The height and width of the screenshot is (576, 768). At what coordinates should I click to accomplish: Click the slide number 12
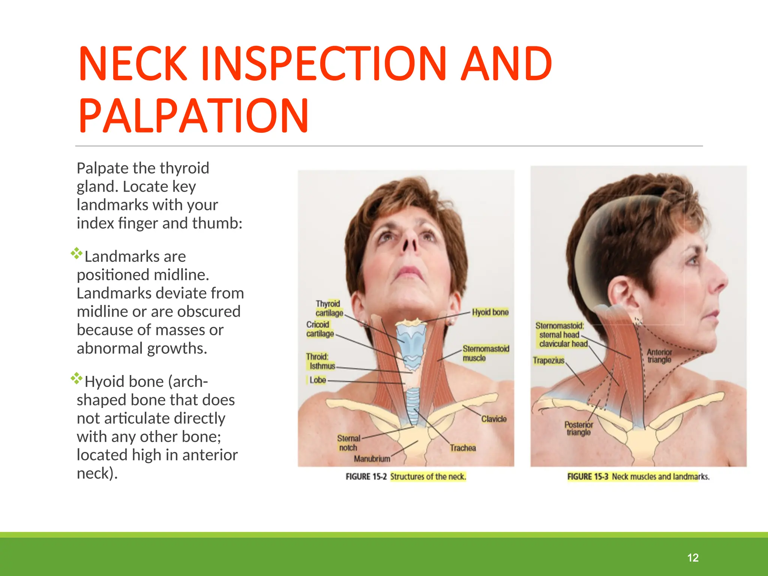pyautogui.click(x=693, y=558)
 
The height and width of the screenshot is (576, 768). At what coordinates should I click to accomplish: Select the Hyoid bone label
pyautogui.click(x=490, y=312)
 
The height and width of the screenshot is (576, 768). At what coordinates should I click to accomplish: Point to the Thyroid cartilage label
pyautogui.click(x=329, y=308)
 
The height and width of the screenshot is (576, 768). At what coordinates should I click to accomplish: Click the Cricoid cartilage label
pyautogui.click(x=319, y=329)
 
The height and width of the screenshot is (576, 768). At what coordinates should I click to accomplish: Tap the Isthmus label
pyautogui.click(x=322, y=366)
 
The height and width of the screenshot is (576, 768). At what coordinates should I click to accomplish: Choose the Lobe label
pyautogui.click(x=317, y=380)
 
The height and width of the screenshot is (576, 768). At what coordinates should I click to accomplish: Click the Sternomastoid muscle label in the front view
pyautogui.click(x=486, y=353)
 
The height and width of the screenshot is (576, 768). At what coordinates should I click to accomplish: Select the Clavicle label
pyautogui.click(x=493, y=419)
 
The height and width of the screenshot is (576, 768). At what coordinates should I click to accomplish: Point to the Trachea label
pyautogui.click(x=463, y=448)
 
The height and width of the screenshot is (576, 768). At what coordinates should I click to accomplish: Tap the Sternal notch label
pyautogui.click(x=348, y=443)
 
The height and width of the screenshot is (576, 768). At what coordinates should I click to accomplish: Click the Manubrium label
pyautogui.click(x=372, y=459)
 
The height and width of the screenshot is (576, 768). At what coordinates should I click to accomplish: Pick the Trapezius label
pyautogui.click(x=548, y=360)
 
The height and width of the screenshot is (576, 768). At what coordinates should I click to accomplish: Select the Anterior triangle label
pyautogui.click(x=659, y=356)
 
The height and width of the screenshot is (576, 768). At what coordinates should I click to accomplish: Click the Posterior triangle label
pyautogui.click(x=579, y=428)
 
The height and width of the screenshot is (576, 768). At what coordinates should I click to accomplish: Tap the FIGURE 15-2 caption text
pyautogui.click(x=405, y=477)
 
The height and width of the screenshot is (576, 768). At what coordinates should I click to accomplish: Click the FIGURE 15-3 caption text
pyautogui.click(x=638, y=477)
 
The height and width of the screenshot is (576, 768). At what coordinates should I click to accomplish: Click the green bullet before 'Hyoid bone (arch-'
pyautogui.click(x=76, y=378)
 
